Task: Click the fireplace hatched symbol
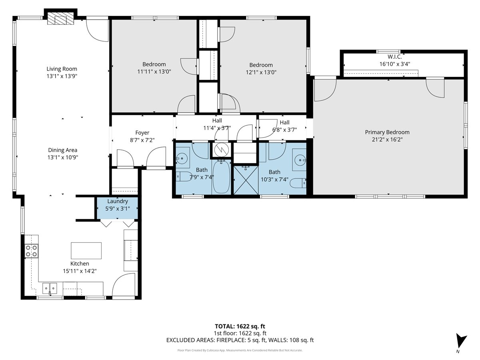click(60, 18)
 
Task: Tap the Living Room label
click(62, 69)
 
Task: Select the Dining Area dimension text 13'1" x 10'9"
click(63, 157)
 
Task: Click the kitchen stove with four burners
click(31, 251)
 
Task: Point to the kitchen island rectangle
click(86, 250)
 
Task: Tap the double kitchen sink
click(50, 288)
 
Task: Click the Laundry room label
click(118, 201)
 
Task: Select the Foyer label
click(142, 133)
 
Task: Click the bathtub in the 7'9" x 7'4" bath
click(221, 177)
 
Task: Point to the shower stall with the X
click(246, 180)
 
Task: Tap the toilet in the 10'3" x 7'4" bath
click(298, 183)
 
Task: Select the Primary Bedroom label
click(387, 132)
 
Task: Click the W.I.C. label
click(394, 57)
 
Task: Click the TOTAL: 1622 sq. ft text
click(240, 326)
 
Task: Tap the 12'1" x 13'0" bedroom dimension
click(261, 72)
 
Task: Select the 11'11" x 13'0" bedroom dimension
click(154, 72)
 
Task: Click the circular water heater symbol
click(221, 150)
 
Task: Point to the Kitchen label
click(80, 264)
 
